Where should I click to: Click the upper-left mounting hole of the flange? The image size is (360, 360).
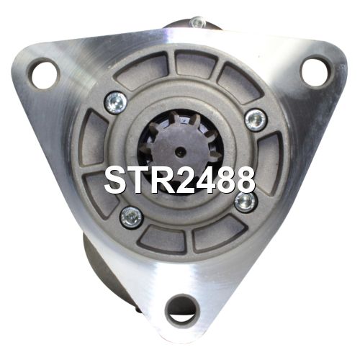(x=45, y=73)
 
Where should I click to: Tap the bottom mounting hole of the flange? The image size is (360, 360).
(x=181, y=308)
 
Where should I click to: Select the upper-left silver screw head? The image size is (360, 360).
(x=116, y=103)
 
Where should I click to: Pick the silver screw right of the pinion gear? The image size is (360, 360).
(x=256, y=120)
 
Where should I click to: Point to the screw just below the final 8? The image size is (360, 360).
(x=246, y=202)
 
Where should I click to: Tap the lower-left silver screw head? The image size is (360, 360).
(x=131, y=217)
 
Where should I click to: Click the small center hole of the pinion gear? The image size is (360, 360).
(x=181, y=151)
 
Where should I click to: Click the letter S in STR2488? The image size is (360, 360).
(x=116, y=180)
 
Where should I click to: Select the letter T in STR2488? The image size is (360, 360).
(x=140, y=180)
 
